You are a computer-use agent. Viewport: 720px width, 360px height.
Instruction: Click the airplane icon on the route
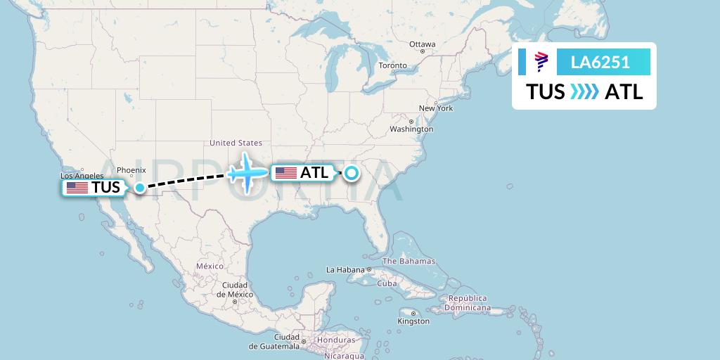coord(247,172)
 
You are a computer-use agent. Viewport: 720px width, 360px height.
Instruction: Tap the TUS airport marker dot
coord(140,187)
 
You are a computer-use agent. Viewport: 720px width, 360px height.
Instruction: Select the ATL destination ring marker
coord(350,173)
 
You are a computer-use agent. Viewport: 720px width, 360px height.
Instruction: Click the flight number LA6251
coord(600,63)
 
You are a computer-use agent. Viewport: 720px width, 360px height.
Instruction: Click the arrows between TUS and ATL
coord(585,92)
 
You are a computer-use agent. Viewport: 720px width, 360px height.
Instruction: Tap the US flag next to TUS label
coord(77,188)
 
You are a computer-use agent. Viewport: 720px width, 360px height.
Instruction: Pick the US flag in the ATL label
coord(286,172)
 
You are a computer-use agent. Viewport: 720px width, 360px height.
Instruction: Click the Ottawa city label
coord(423,44)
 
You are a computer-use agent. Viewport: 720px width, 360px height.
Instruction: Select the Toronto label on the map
coord(392,65)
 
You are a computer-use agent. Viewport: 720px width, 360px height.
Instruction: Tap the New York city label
coord(436,108)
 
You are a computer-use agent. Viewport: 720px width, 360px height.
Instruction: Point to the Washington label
coord(411,129)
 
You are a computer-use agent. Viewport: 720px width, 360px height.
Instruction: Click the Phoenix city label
coord(131,169)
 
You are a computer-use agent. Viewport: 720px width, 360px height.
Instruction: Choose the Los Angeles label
coord(82,176)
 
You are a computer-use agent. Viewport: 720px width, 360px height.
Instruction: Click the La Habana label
coord(345,270)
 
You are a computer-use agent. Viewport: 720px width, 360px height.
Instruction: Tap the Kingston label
coord(413,321)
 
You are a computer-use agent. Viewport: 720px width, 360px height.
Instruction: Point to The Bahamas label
coord(409,261)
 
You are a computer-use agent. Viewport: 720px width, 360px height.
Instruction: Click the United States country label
coord(236,143)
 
